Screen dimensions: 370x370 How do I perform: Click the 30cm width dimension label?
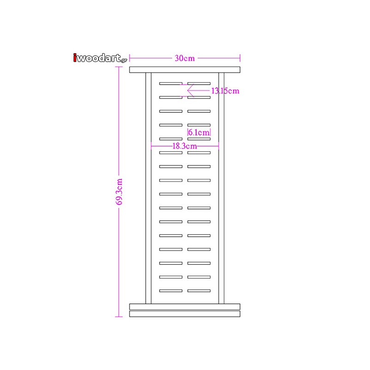click(x=185, y=58)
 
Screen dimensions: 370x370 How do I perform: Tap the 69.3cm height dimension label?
click(x=120, y=191)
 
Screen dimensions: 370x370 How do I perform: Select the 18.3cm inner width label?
click(x=185, y=146)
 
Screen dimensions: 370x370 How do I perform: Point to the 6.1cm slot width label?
click(x=199, y=132)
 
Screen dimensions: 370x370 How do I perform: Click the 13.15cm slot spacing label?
click(x=225, y=91)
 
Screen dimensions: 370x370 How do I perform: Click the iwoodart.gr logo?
click(x=100, y=58)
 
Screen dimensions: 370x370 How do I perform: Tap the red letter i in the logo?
click(x=75, y=58)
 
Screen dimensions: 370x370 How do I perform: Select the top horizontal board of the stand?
click(x=185, y=70)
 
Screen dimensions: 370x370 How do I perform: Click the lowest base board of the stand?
click(x=185, y=314)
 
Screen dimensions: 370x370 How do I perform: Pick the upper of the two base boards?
click(x=185, y=307)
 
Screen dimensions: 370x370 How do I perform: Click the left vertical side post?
click(x=148, y=188)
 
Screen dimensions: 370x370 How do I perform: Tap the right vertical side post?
click(x=222, y=188)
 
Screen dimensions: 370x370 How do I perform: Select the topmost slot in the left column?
click(x=171, y=84)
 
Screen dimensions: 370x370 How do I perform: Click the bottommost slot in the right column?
click(x=199, y=291)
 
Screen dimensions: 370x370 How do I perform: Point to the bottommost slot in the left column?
click(x=171, y=291)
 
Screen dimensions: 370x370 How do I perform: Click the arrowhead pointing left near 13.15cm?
click(x=188, y=90)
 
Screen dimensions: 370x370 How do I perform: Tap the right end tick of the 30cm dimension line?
click(x=240, y=58)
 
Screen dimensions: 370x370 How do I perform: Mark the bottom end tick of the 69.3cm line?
click(x=119, y=317)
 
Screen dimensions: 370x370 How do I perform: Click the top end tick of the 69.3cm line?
click(x=119, y=67)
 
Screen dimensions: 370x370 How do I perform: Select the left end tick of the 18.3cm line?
click(x=151, y=146)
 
